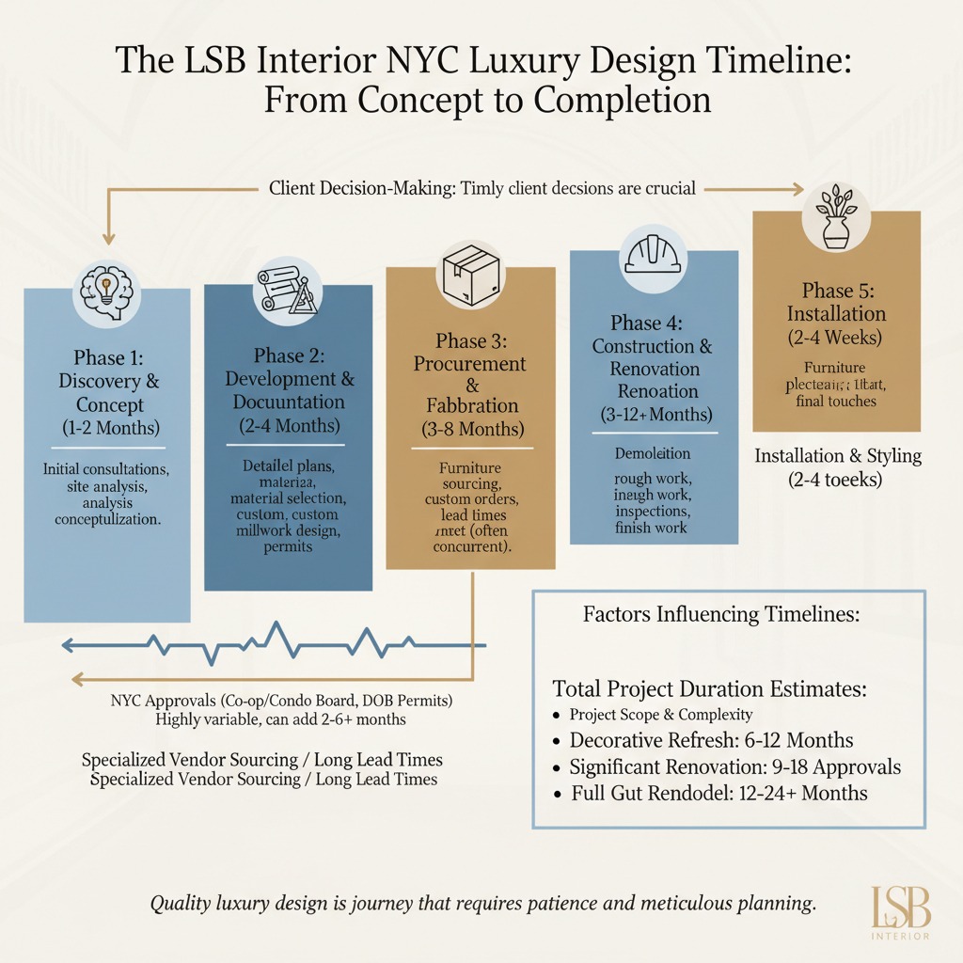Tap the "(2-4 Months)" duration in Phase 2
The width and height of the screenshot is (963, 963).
click(x=290, y=426)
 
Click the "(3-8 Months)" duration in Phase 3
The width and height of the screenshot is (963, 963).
click(x=472, y=431)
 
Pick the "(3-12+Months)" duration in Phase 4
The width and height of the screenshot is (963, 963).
click(x=655, y=414)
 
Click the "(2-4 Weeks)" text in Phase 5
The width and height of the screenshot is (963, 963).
click(x=836, y=338)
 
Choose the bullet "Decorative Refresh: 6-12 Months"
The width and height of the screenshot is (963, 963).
click(x=712, y=740)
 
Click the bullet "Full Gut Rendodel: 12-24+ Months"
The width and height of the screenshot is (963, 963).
click(x=719, y=794)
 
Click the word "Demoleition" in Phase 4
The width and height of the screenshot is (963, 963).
click(x=652, y=454)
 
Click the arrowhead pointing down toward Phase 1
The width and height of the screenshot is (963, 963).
click(x=108, y=241)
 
